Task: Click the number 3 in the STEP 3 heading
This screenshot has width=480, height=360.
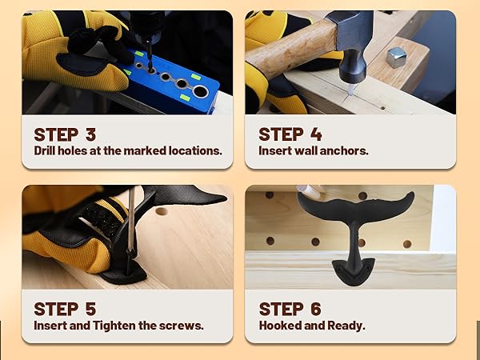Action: tap(90, 134)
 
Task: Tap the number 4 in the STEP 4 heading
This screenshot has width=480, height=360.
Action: tap(316, 134)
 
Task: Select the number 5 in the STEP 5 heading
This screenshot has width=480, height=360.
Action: tap(90, 309)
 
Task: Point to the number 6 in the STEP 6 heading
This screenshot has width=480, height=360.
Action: tap(316, 309)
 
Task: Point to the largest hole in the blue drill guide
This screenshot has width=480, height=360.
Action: tap(200, 91)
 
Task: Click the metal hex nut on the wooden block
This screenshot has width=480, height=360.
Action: tap(396, 58)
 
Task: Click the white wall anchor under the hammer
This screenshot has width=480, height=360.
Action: tap(351, 90)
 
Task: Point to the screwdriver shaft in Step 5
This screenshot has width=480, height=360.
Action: tap(131, 220)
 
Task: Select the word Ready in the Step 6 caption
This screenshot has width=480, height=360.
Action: tap(346, 326)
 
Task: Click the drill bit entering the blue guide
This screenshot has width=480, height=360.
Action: tap(149, 57)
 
